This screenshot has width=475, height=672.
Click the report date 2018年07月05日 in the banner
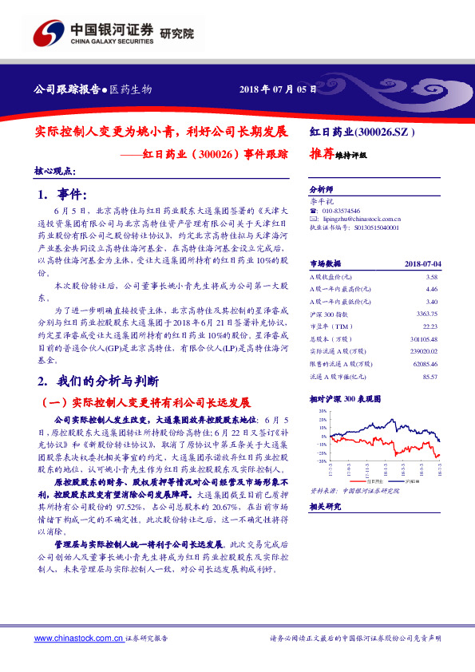(273, 89)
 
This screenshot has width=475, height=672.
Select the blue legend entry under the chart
(407, 482)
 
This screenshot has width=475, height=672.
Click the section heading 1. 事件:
(65, 194)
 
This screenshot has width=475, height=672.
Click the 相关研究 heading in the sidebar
(324, 506)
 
